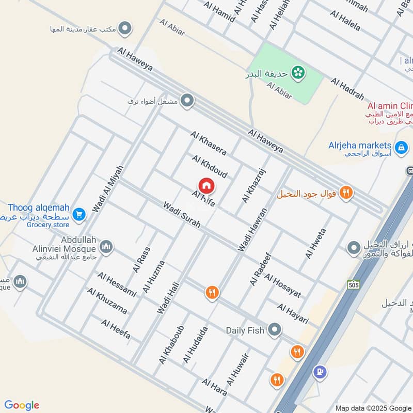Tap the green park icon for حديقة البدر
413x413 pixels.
click(x=297, y=73)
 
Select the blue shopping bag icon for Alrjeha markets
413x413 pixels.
click(x=400, y=146)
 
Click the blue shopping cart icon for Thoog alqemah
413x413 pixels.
click(x=79, y=214)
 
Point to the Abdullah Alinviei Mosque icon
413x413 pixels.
click(x=106, y=247)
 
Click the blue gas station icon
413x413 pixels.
click(x=320, y=371)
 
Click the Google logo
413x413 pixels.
click(x=22, y=405)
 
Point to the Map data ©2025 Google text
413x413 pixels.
click(x=373, y=407)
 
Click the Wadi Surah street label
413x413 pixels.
click(x=181, y=216)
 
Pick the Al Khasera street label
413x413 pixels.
click(x=209, y=144)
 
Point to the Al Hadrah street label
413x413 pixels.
click(x=347, y=89)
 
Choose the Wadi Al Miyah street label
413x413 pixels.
click(x=108, y=188)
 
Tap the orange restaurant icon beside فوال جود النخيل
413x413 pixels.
click(x=347, y=193)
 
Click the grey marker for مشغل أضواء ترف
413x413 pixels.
click(x=187, y=101)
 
